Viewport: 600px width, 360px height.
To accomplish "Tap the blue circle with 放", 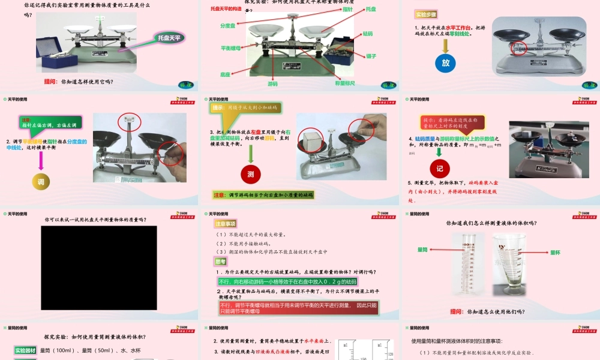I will [x=445, y=62].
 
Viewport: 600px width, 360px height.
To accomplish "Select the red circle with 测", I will [x=251, y=174].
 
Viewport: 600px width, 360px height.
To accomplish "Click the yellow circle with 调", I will [x=41, y=181].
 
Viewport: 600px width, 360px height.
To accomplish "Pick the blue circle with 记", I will [x=439, y=169].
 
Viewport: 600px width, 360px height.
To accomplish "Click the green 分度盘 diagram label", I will [x=227, y=26].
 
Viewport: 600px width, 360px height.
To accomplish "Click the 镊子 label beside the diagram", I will [x=371, y=56].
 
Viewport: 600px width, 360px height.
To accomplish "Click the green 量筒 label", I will [x=422, y=249].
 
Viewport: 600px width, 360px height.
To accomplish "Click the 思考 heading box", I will [x=221, y=262].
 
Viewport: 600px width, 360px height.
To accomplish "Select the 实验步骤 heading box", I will [x=426, y=14].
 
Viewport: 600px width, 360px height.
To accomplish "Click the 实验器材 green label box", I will [x=25, y=350].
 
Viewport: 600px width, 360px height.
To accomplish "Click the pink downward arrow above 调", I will [x=41, y=160].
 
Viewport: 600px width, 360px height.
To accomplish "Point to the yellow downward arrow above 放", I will [x=445, y=43].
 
